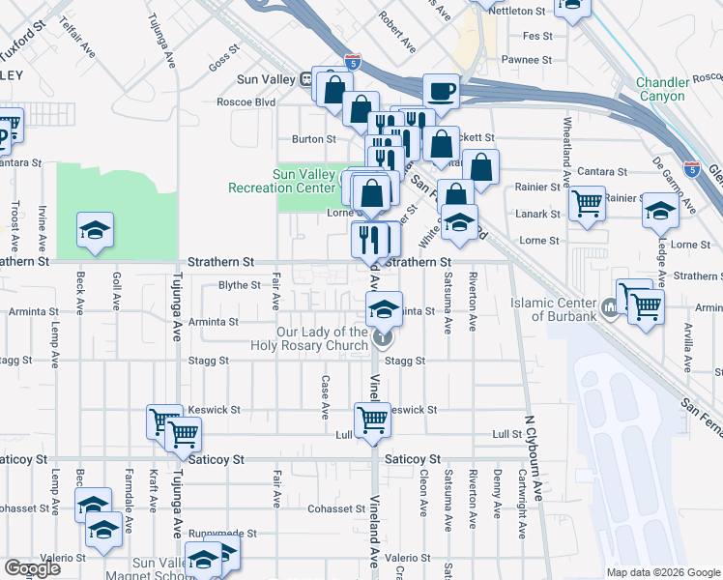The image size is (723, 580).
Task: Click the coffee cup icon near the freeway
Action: (x=441, y=91)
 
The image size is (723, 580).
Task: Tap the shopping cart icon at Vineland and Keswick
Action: (x=372, y=420)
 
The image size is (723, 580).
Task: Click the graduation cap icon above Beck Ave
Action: (x=96, y=230)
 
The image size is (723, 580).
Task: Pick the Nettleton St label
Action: (x=518, y=11)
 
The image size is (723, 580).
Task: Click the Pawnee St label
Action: (x=526, y=60)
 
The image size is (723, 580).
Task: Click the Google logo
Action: (x=32, y=568)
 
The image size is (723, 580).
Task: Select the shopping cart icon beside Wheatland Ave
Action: (x=587, y=204)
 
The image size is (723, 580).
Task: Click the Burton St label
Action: (x=314, y=139)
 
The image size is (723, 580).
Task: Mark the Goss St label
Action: (x=223, y=59)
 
